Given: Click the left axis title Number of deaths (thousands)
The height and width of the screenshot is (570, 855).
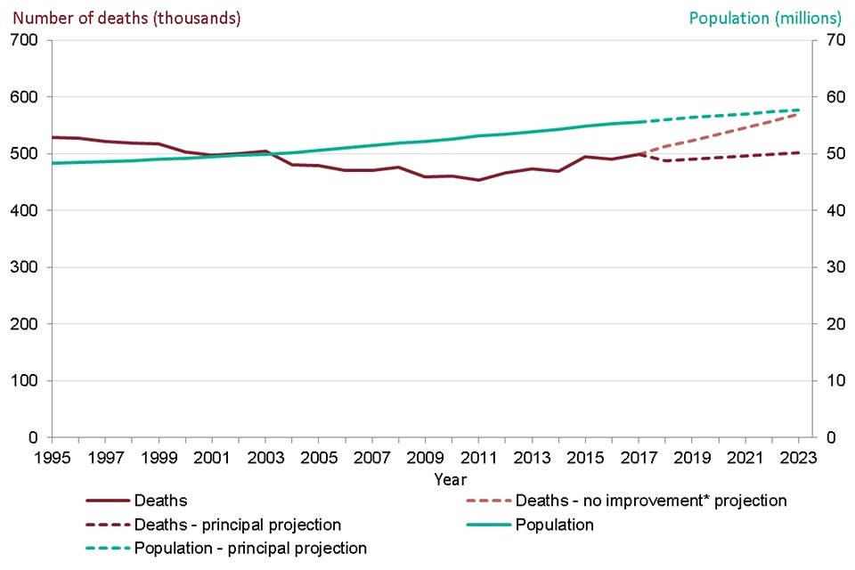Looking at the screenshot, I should click(126, 18).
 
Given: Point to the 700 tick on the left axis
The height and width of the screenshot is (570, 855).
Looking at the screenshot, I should click(23, 40).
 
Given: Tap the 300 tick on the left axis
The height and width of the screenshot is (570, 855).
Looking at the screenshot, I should click(23, 267).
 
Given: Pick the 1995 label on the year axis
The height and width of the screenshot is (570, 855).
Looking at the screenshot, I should click(52, 457).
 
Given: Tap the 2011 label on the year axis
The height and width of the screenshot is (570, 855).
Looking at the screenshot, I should click(479, 457).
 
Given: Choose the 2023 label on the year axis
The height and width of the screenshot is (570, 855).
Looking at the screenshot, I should click(799, 457).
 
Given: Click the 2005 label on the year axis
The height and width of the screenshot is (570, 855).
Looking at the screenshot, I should click(319, 457).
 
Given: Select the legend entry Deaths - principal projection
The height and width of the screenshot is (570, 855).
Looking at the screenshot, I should click(238, 525).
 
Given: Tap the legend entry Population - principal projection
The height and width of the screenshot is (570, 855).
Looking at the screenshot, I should click(250, 548).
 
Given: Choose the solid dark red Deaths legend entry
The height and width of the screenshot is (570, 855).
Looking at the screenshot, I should click(160, 501).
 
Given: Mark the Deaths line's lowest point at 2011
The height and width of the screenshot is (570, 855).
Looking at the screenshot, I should click(479, 180).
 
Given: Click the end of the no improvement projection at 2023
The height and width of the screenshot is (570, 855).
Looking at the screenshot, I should click(799, 113).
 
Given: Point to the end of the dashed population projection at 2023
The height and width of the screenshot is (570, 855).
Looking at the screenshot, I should click(799, 110).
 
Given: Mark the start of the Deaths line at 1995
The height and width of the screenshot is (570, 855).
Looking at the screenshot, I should click(52, 137).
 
